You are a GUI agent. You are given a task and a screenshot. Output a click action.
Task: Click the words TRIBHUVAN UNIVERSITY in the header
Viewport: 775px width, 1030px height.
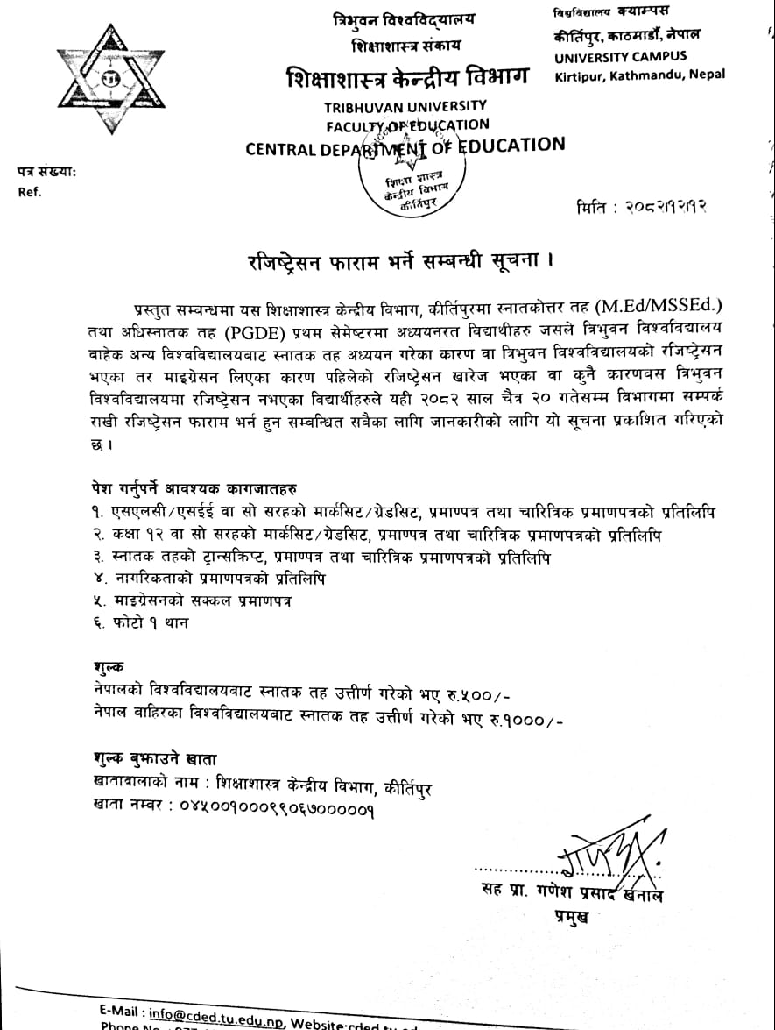pyautogui.click(x=405, y=106)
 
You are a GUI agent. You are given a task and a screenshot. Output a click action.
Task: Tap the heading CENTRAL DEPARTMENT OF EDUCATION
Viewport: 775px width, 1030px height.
pyautogui.click(x=405, y=146)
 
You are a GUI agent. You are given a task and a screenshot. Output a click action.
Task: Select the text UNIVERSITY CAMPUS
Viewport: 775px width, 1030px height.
pyautogui.click(x=620, y=57)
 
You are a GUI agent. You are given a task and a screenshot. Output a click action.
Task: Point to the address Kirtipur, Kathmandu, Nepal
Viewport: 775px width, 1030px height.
pyautogui.click(x=640, y=75)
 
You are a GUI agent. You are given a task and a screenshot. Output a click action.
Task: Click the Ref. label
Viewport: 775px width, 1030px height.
pyautogui.click(x=30, y=191)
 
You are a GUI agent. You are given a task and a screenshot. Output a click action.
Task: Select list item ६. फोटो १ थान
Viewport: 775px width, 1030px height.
pyautogui.click(x=140, y=623)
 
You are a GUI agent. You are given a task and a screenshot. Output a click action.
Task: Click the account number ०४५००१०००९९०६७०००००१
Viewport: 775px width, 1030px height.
pyautogui.click(x=276, y=811)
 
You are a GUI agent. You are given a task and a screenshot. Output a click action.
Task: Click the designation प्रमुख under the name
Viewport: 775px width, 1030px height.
pyautogui.click(x=570, y=917)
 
